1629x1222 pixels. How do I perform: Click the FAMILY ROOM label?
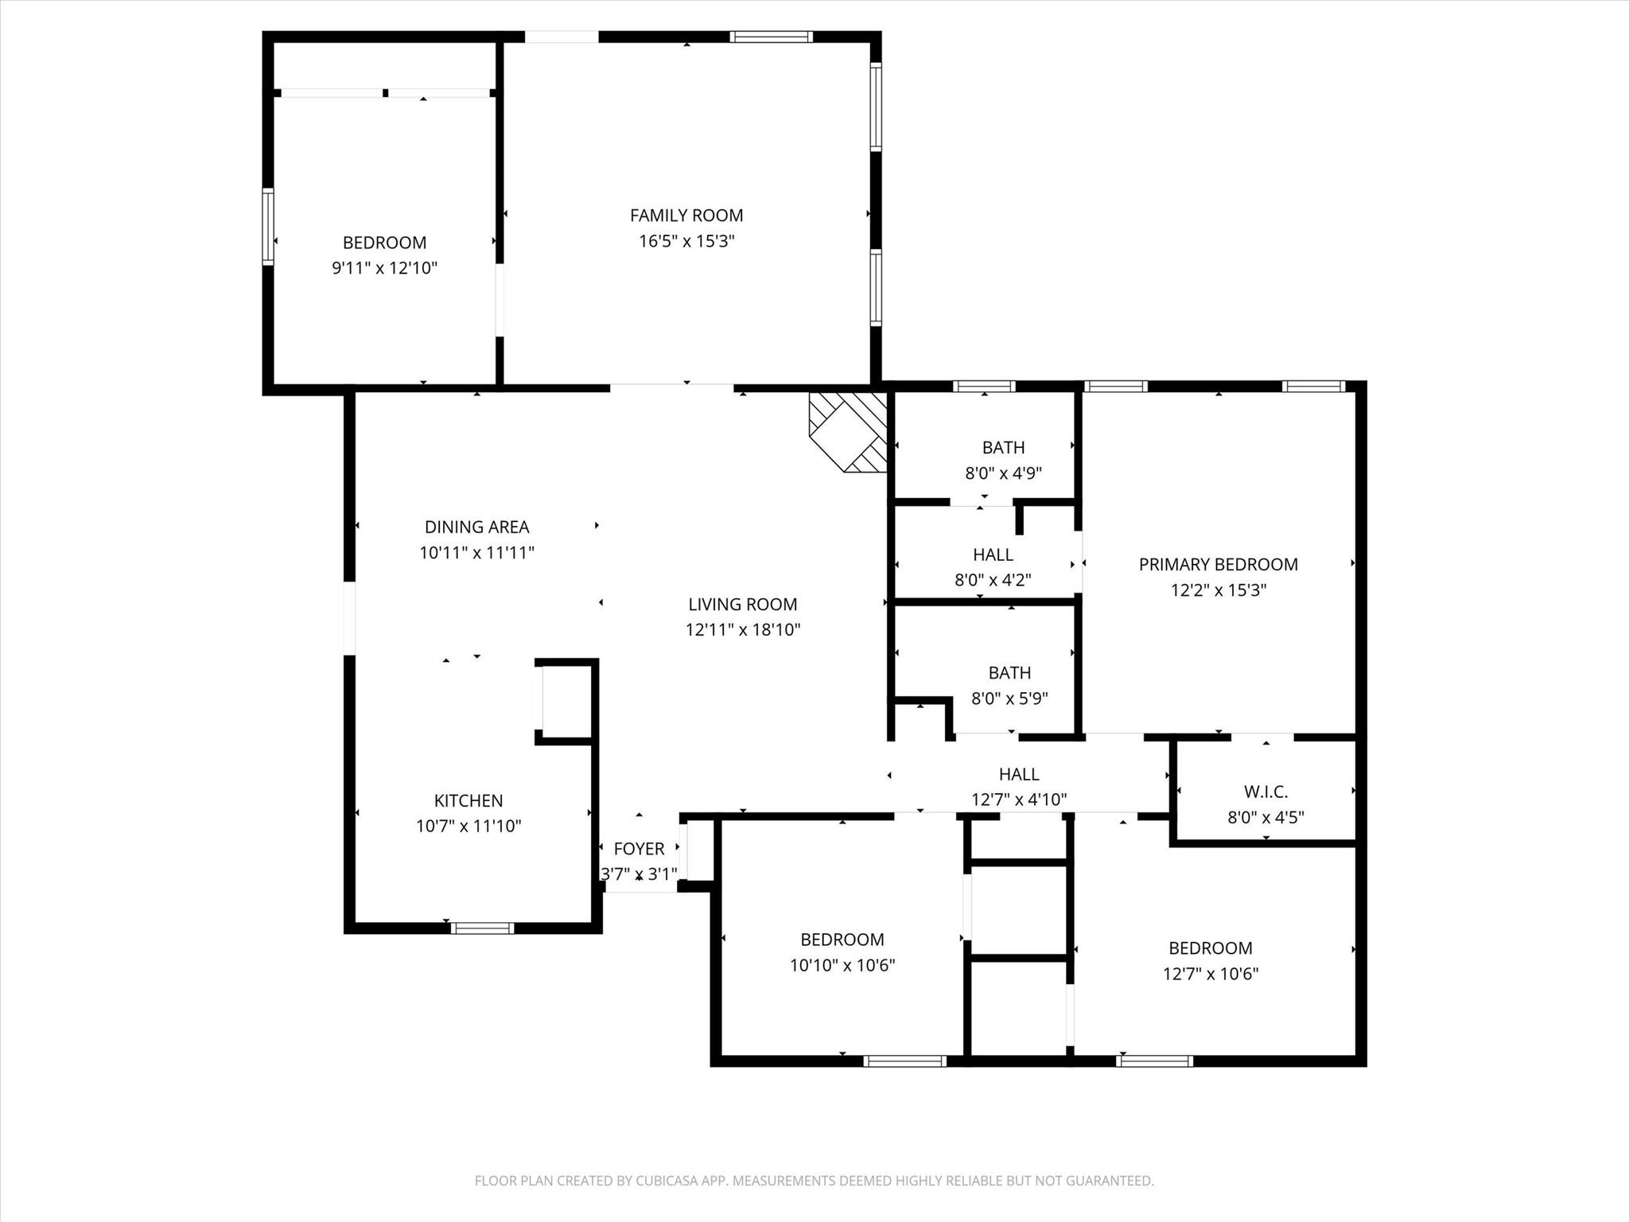point(686,215)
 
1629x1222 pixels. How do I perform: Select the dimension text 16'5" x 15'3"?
point(686,241)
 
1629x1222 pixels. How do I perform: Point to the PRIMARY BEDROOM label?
point(1218,564)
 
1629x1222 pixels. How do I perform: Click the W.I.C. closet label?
point(1265,792)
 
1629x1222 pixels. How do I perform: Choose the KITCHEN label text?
point(468,800)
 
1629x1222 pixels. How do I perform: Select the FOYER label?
point(639,849)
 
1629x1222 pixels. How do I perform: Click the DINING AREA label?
point(476,527)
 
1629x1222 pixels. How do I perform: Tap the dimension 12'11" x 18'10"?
point(743,630)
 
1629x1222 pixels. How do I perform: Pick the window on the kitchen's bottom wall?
point(482,928)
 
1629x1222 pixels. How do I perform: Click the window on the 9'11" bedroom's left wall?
point(268,226)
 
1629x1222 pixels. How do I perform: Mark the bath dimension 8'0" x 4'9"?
point(1003,473)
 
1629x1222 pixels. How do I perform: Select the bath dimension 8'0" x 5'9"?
point(1009,699)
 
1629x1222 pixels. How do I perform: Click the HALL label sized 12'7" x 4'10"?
point(1019,774)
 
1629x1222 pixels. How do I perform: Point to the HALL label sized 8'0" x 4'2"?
point(993,555)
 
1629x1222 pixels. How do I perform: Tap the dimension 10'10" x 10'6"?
point(842,966)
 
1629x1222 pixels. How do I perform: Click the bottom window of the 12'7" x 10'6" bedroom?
point(1154,1060)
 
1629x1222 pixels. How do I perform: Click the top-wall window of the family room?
point(771,36)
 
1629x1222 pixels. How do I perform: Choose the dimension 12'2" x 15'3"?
point(1218,590)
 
